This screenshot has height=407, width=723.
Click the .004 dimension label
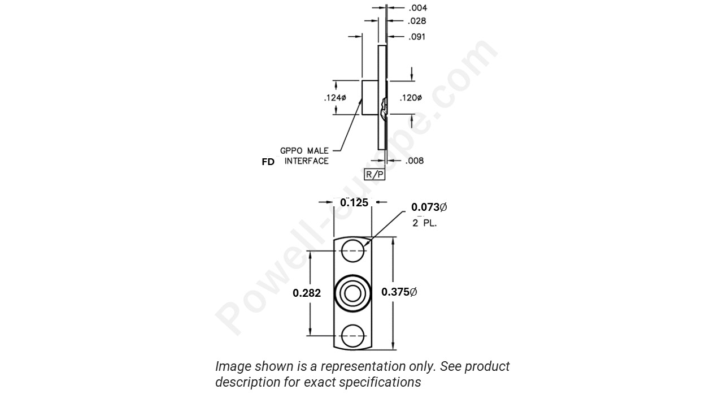[417, 8]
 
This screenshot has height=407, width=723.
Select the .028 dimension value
[417, 21]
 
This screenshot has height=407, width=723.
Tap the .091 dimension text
[417, 37]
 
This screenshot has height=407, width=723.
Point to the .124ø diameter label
[335, 98]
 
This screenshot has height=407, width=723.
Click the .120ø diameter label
[411, 98]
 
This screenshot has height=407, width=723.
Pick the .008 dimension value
[415, 161]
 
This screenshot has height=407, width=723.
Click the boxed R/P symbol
[374, 175]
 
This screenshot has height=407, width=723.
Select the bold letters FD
[268, 162]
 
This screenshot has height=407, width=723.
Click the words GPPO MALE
[304, 151]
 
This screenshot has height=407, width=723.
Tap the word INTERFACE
[306, 161]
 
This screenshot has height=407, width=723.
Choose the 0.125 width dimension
[354, 202]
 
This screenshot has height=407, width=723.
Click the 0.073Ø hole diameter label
[429, 207]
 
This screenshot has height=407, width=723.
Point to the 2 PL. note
[424, 223]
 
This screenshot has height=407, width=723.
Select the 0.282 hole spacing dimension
[307, 293]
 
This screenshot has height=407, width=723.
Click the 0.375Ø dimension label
[399, 292]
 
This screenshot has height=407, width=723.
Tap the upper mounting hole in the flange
[353, 250]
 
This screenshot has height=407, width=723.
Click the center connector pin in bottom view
[353, 293]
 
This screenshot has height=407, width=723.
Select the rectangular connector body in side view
[370, 98]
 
